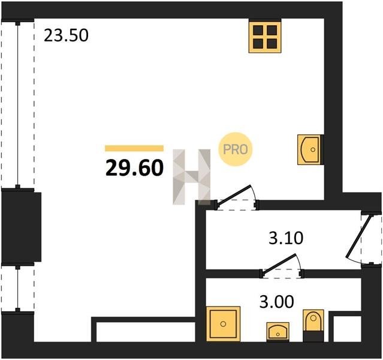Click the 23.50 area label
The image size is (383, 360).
point(66,36)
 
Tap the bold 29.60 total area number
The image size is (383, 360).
point(134,168)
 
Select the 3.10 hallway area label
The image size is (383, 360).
point(286,238)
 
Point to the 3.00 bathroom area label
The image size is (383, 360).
point(276,302)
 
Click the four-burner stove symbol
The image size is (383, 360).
point(265,37)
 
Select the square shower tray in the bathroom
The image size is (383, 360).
point(223,324)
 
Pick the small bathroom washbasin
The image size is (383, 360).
point(278,332)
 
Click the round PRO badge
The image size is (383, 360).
point(235,149)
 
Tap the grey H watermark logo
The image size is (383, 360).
point(192,176)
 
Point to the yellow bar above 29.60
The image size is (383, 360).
point(134,148)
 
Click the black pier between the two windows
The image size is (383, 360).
point(21,227)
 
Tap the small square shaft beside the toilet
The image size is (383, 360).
point(347,329)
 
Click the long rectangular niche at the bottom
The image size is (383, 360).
point(146,332)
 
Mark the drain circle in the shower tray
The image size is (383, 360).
point(223,324)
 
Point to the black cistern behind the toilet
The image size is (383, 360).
point(313,336)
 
